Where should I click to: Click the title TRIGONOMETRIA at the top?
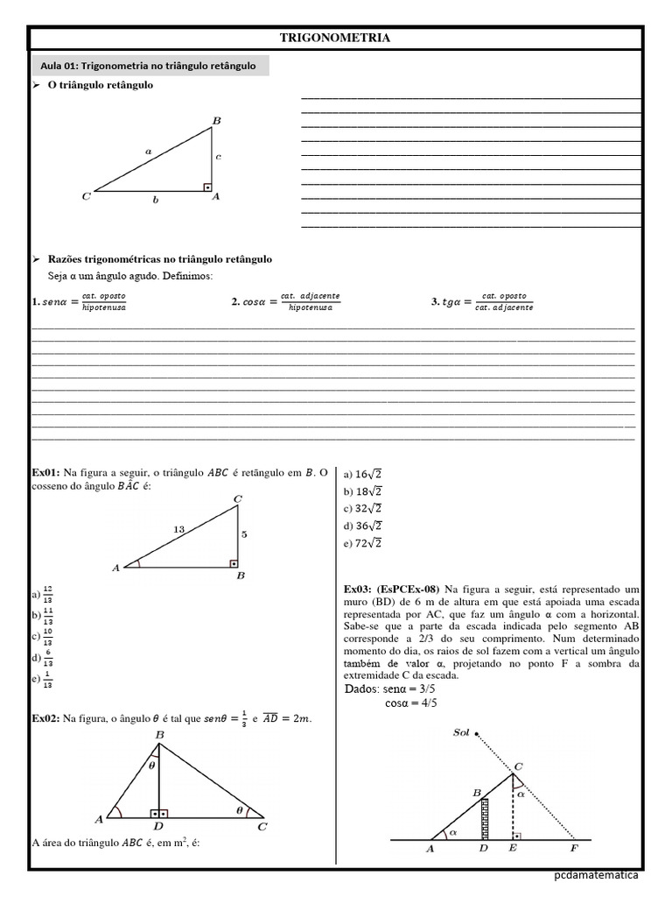334,39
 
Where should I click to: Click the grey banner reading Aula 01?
149,66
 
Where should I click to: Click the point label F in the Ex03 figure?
573,849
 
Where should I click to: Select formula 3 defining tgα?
481,302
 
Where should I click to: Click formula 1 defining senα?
79,302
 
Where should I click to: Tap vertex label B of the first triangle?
216,119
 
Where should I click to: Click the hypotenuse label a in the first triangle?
149,151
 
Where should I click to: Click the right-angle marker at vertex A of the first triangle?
207,187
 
